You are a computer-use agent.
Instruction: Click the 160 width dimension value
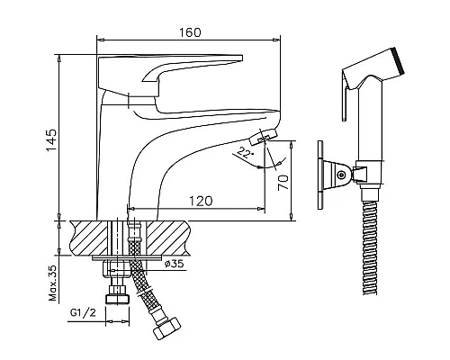point(190,32)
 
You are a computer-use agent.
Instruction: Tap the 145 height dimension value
point(51,140)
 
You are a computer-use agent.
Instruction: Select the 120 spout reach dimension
point(201,201)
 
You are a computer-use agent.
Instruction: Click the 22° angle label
point(245,153)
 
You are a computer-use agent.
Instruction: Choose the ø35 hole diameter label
point(175,264)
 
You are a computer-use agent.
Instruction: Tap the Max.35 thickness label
point(52,283)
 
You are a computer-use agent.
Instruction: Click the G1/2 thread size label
point(83,313)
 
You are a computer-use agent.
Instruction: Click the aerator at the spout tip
point(263,137)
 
